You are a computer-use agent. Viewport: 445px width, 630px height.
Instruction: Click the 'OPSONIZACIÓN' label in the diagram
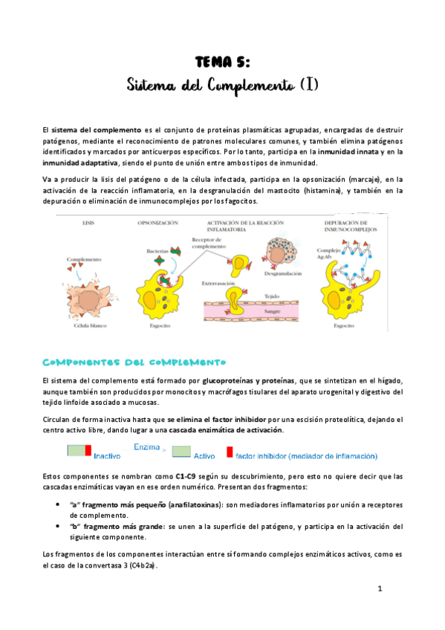coord(157,223)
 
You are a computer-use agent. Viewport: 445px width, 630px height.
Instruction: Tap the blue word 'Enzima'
coord(148,447)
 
